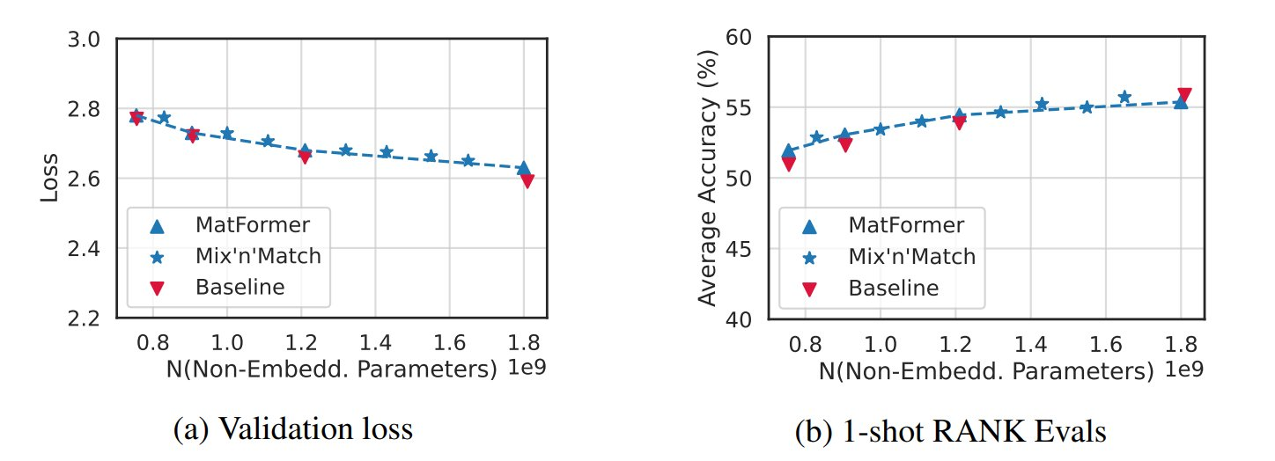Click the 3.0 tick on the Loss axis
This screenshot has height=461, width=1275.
tap(85, 39)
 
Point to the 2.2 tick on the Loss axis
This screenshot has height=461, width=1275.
tap(85, 318)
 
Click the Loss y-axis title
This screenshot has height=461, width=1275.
tap(51, 178)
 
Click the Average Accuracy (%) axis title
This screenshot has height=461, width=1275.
tap(706, 178)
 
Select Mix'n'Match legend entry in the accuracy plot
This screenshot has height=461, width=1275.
tap(910, 256)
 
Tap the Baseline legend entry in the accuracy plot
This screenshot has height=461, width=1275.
tap(893, 287)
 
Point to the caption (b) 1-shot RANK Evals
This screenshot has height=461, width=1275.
tap(950, 431)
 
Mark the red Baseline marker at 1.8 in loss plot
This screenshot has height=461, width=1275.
tap(527, 180)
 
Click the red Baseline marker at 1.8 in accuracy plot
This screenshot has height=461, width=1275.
tap(1184, 95)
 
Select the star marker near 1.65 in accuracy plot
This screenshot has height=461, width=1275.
tap(1124, 98)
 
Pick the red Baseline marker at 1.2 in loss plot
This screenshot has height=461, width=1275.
tap(305, 157)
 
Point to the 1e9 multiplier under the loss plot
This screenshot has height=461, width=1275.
tap(527, 368)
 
